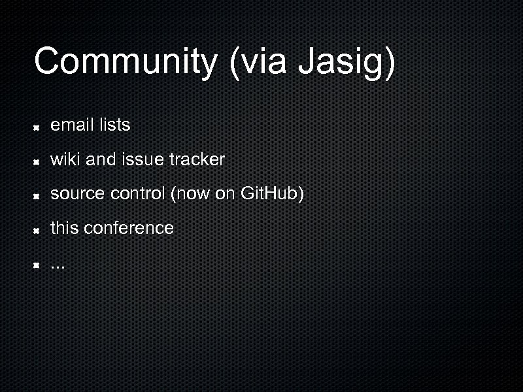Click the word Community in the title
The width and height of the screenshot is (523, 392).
(x=125, y=62)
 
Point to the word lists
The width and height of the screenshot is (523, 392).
(x=114, y=124)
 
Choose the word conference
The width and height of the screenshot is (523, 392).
(x=129, y=228)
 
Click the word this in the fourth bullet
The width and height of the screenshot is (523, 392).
(x=65, y=228)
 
